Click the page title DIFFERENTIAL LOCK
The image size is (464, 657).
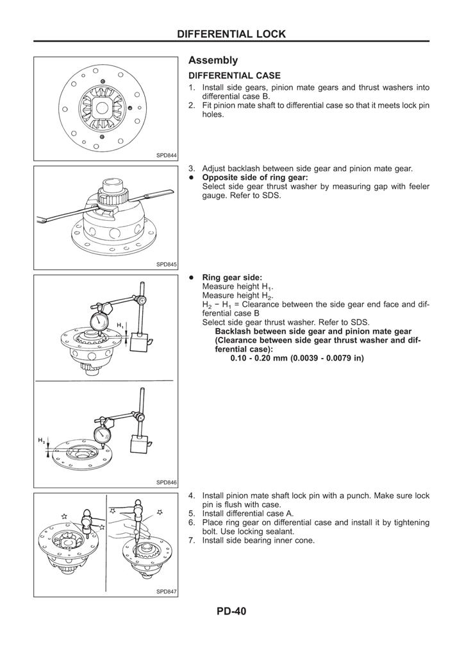coord(231,33)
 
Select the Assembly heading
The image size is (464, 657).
coord(213,60)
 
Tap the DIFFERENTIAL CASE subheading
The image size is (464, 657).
coord(234,76)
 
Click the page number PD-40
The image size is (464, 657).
coord(231,611)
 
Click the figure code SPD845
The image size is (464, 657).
coord(166,264)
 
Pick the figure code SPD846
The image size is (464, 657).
coord(166,482)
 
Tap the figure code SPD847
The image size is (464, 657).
coord(166,592)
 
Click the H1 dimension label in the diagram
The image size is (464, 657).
coord(120,325)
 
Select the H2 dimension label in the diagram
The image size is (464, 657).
coord(42,440)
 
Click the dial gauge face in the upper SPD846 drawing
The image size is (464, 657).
coord(100,321)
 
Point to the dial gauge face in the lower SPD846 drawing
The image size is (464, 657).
coord(103,434)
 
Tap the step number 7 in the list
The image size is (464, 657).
coord(192,540)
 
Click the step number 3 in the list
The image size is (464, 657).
coord(192,168)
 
